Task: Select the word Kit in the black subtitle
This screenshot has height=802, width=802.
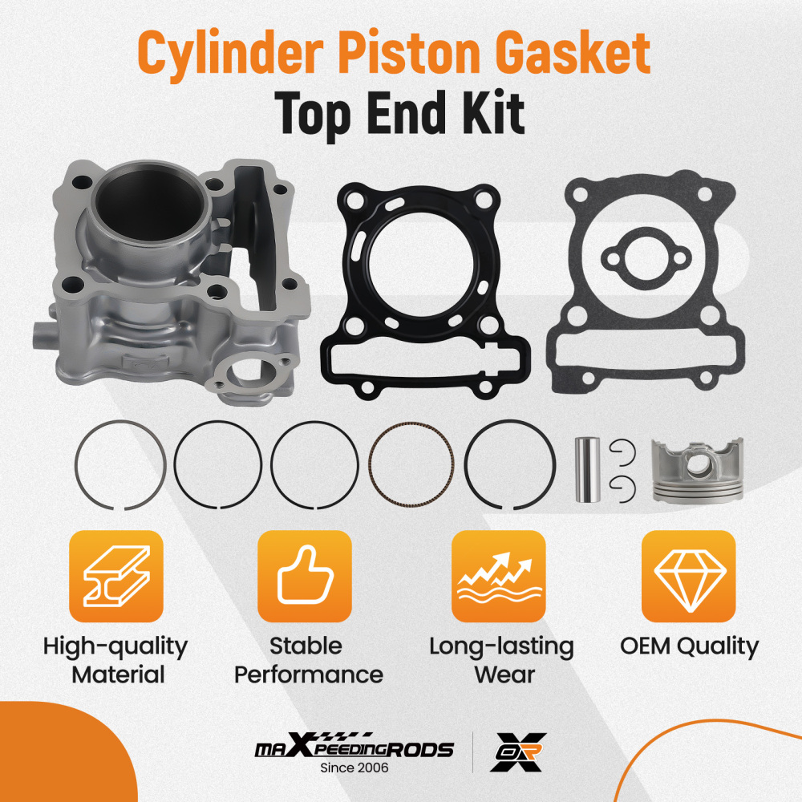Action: click(489, 114)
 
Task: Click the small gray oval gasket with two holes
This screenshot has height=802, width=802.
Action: click(640, 256)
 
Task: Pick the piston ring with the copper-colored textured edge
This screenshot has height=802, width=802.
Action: click(411, 466)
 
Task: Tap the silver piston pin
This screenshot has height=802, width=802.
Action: click(586, 469)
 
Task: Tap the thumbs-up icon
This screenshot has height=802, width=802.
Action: click(304, 576)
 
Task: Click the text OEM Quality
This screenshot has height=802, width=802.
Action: click(689, 646)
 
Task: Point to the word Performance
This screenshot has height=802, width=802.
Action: click(308, 674)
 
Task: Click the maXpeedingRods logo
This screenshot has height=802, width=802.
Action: click(354, 749)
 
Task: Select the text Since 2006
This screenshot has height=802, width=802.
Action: click(354, 768)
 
